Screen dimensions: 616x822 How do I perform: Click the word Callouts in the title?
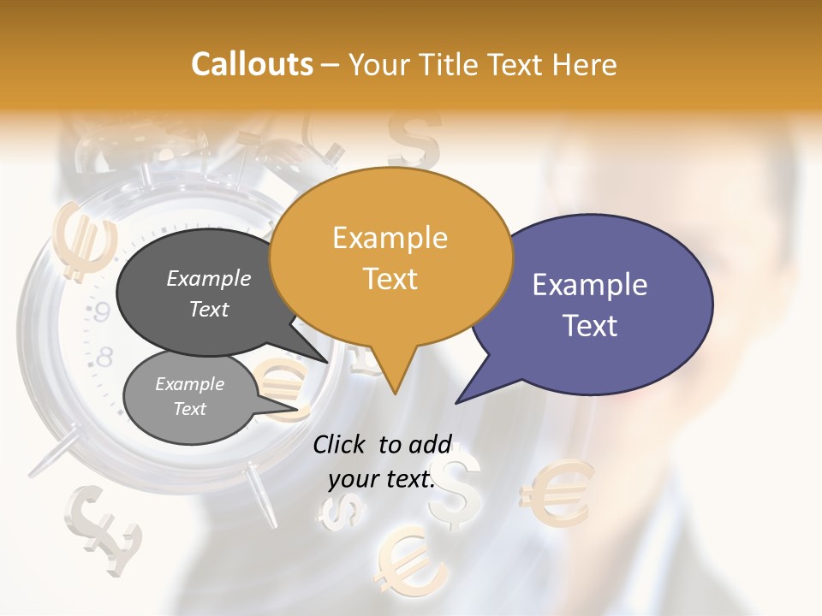click(252, 64)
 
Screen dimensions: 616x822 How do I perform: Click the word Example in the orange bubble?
click(390, 238)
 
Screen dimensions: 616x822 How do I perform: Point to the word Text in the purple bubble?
click(590, 326)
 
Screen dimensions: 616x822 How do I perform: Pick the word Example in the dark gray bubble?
click(208, 279)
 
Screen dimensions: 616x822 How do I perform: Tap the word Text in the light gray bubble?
click(190, 409)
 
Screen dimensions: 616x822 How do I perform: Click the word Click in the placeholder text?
click(341, 444)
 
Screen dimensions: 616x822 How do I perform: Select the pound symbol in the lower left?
click(103, 528)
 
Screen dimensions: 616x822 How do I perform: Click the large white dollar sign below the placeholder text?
click(455, 489)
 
